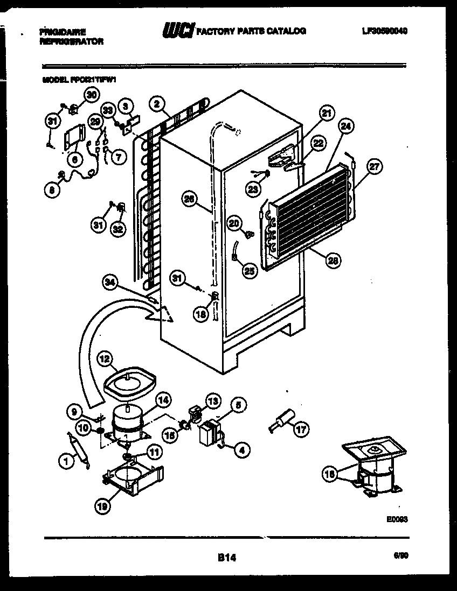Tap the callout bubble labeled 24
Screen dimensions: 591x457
346,128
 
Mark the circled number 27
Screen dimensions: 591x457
373,167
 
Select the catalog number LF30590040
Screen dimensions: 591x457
385,31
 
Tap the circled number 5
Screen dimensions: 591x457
238,405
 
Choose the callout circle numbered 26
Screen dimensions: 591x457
189,200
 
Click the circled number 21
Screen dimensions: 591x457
326,114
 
